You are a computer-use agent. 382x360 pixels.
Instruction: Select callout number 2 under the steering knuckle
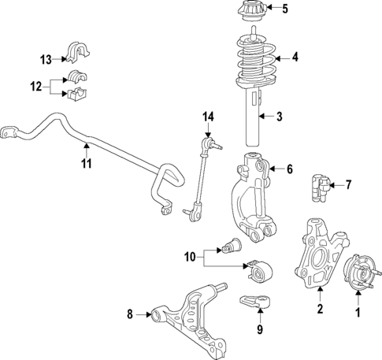tap(321, 309)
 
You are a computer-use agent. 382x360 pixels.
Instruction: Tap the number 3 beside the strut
tap(278, 117)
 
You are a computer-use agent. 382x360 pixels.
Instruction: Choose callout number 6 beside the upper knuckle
tap(289, 169)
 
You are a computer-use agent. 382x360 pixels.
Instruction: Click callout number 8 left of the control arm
tap(131, 316)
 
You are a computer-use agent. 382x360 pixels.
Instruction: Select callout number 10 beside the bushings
tap(190, 255)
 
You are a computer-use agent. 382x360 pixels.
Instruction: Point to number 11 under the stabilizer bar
tap(87, 163)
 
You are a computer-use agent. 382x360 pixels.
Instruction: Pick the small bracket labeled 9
tap(253, 303)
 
